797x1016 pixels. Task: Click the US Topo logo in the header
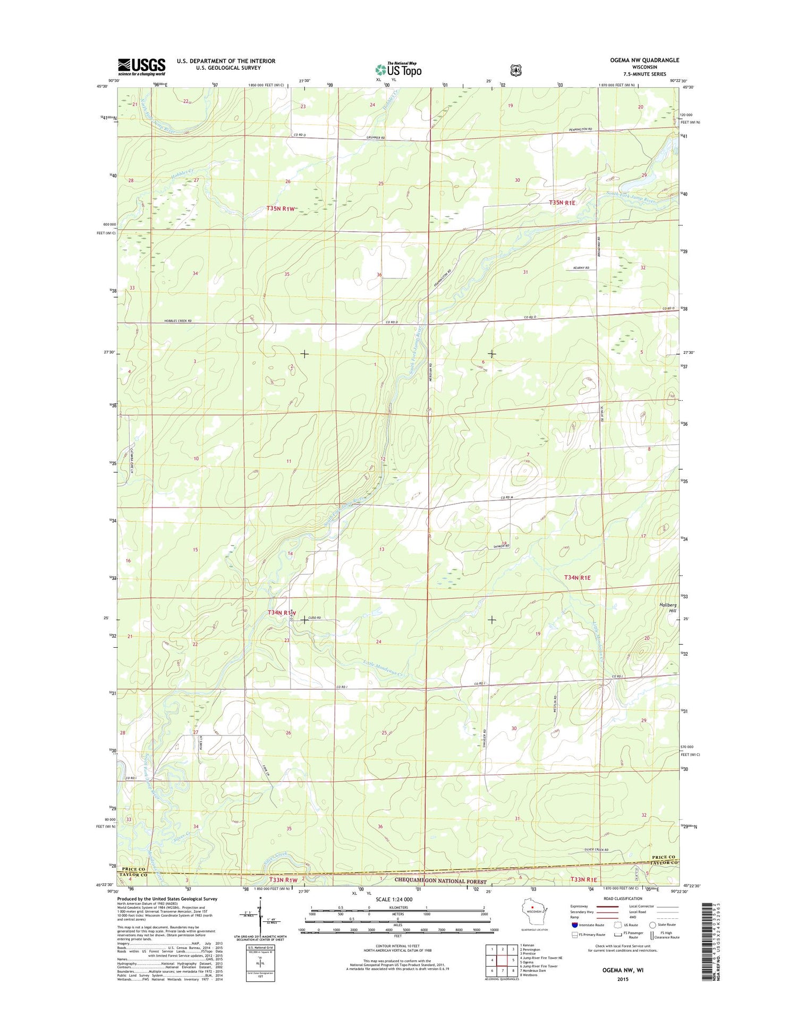tap(398, 69)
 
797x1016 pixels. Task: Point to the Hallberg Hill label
tap(668, 607)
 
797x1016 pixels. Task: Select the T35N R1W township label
tap(280, 209)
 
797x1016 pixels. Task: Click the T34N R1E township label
tap(577, 577)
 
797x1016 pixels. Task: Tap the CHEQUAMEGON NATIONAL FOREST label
tap(440, 880)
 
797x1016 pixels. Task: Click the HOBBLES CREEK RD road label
tap(178, 321)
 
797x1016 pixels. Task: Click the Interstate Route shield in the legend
tap(575, 925)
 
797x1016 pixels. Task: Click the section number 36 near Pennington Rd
tap(379, 275)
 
